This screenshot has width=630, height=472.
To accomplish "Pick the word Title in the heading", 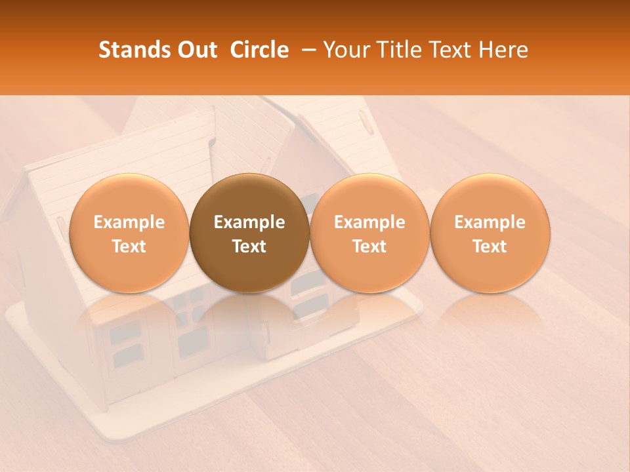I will tap(398, 50).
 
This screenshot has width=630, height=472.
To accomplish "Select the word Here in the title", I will tap(503, 50).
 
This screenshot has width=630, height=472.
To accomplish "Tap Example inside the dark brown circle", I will tap(249, 222).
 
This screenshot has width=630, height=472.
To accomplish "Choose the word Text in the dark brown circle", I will tap(249, 246).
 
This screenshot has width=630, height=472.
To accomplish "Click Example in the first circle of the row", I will tap(129, 222).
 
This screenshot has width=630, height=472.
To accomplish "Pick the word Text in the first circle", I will tap(129, 246).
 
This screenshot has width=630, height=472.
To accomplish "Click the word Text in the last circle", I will tap(490, 246).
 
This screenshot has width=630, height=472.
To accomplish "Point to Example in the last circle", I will tap(490, 222).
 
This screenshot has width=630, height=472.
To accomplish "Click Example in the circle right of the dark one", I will tap(369, 222).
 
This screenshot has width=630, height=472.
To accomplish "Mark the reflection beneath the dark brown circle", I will tap(249, 315).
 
